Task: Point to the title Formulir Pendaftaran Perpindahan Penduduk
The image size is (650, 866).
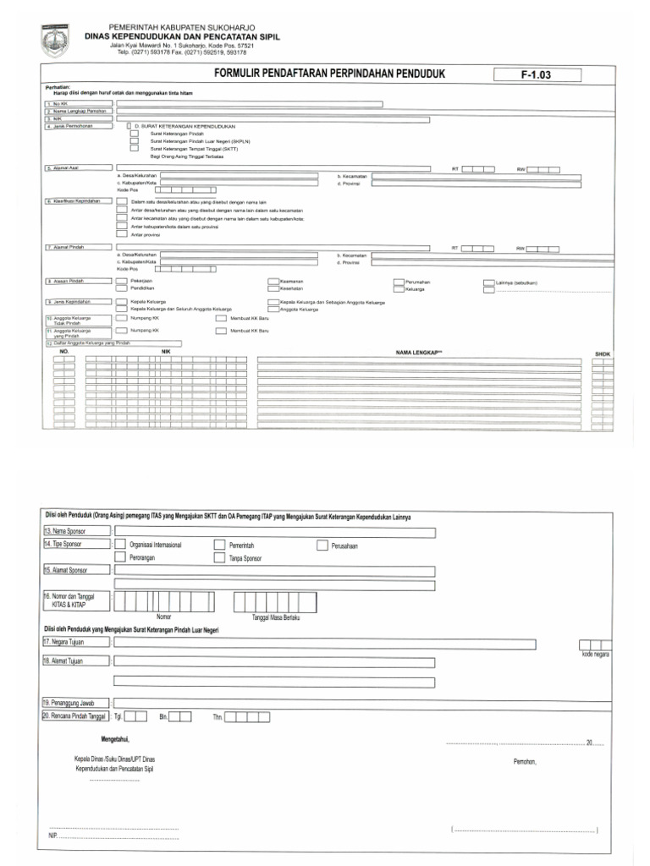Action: [330, 74]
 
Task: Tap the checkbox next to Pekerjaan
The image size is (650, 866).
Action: [122, 280]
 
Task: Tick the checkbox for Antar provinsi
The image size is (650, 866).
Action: [122, 234]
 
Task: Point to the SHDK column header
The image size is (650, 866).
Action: [603, 354]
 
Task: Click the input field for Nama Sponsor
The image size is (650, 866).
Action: [274, 532]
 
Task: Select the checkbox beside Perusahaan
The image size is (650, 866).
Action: [322, 545]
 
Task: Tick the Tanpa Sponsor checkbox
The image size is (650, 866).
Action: [220, 559]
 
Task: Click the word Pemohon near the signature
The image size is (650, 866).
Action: [524, 761]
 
